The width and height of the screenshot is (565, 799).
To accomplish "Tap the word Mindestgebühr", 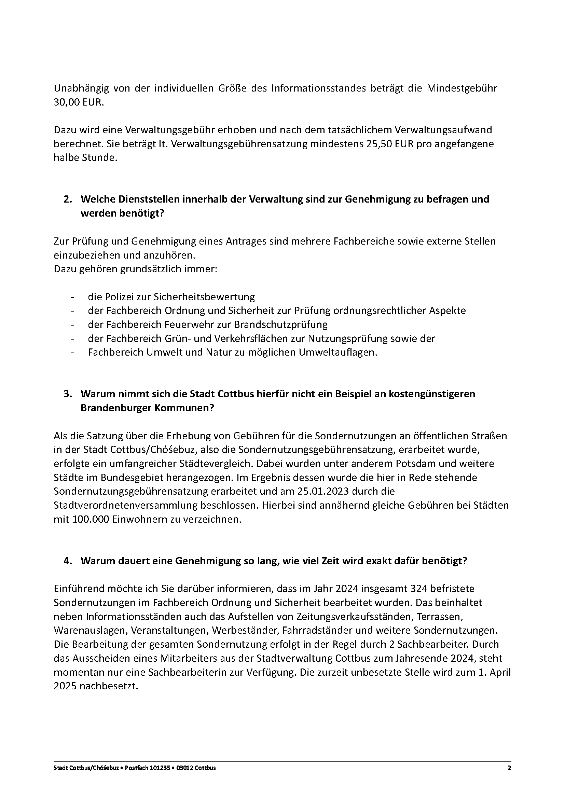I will click(462, 88).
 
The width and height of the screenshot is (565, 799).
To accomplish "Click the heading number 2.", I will click(67, 199).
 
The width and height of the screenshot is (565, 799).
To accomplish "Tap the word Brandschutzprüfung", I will click(281, 325).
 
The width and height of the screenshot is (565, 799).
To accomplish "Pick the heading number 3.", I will click(67, 394).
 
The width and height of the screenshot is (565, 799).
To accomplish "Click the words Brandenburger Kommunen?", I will click(147, 408).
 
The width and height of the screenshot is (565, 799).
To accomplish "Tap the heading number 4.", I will click(67, 561).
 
